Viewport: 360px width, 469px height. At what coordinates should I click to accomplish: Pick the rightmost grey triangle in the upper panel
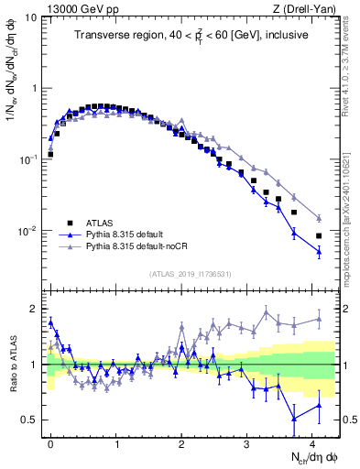click(x=319, y=217)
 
